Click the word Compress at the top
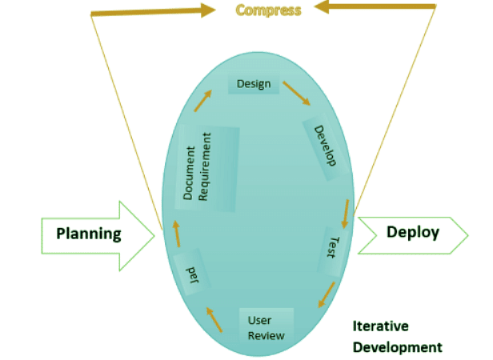tap(268, 10)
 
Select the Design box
tap(254, 84)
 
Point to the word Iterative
tap(380, 326)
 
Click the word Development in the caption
tap(397, 347)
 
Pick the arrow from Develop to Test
tap(344, 212)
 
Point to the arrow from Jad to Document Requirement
tap(176, 234)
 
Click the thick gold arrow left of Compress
tap(152, 10)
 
